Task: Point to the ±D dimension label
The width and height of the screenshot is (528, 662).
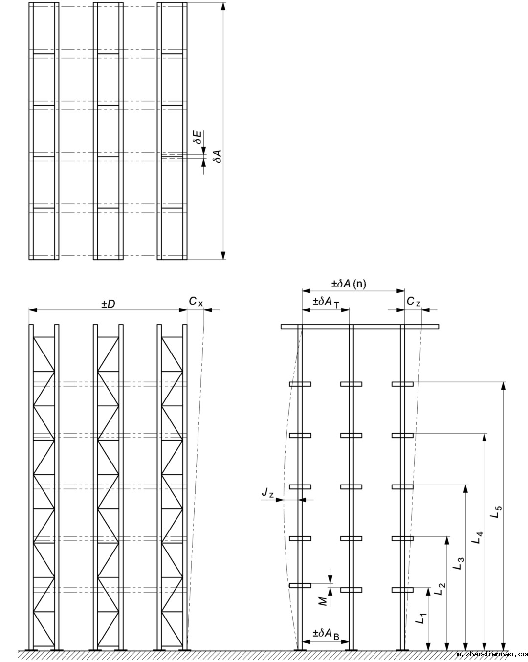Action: coord(108,304)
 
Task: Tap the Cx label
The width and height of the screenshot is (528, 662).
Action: coord(196,302)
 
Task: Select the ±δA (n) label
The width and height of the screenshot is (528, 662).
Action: coord(349,284)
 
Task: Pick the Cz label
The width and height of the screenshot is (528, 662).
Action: coord(414,302)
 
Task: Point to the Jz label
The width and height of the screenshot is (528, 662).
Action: coord(267,494)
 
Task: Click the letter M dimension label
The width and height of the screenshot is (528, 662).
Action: coord(323,601)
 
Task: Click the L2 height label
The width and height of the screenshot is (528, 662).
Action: coord(440,588)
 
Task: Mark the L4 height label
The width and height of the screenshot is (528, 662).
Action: coord(478,537)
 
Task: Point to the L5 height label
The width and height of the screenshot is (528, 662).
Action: coord(496,511)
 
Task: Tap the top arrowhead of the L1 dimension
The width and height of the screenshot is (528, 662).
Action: coord(429,591)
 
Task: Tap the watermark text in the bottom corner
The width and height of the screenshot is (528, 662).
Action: coord(491,654)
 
